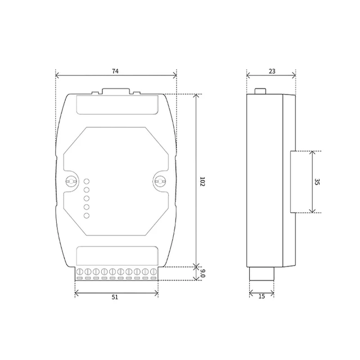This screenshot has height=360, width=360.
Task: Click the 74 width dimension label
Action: click(115, 71)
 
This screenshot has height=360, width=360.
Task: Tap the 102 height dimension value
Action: click(202, 181)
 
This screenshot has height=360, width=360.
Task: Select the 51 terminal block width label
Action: click(115, 297)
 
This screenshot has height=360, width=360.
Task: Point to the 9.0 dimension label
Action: click(202, 273)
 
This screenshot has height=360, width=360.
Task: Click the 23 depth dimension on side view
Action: click(272, 71)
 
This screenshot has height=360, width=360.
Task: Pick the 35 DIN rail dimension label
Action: click(317, 182)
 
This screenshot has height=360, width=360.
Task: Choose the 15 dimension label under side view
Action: click(262, 296)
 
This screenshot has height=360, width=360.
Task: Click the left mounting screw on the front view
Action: click(71, 181)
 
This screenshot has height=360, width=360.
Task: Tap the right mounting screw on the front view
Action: click(160, 181)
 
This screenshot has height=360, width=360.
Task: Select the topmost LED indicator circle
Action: click(87, 181)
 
